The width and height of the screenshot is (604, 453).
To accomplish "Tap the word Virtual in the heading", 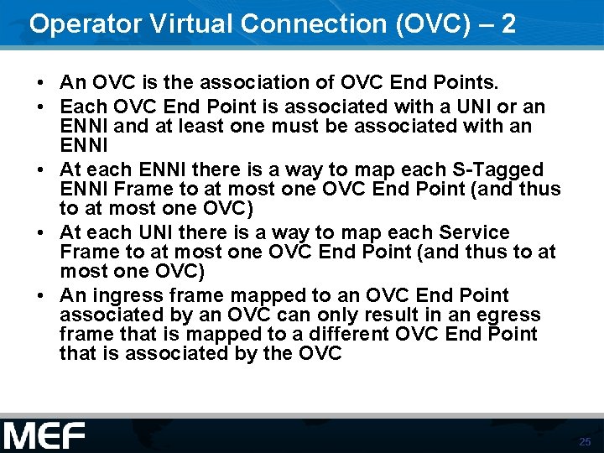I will (x=172, y=23).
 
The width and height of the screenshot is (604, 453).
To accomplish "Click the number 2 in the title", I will (x=507, y=23).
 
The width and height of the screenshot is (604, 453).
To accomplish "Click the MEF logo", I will (x=44, y=435).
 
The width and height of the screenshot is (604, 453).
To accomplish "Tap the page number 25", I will (x=585, y=441).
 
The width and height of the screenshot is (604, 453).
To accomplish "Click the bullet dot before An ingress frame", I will (x=41, y=296).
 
